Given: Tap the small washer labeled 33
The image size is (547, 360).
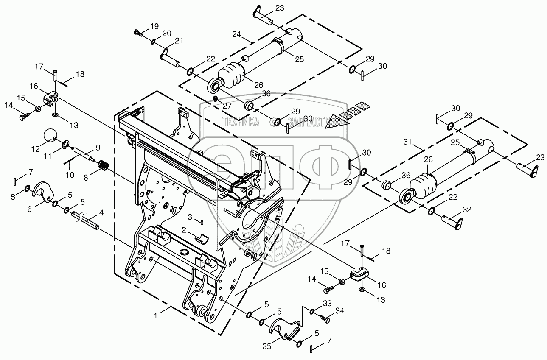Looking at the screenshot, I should point(312,312).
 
